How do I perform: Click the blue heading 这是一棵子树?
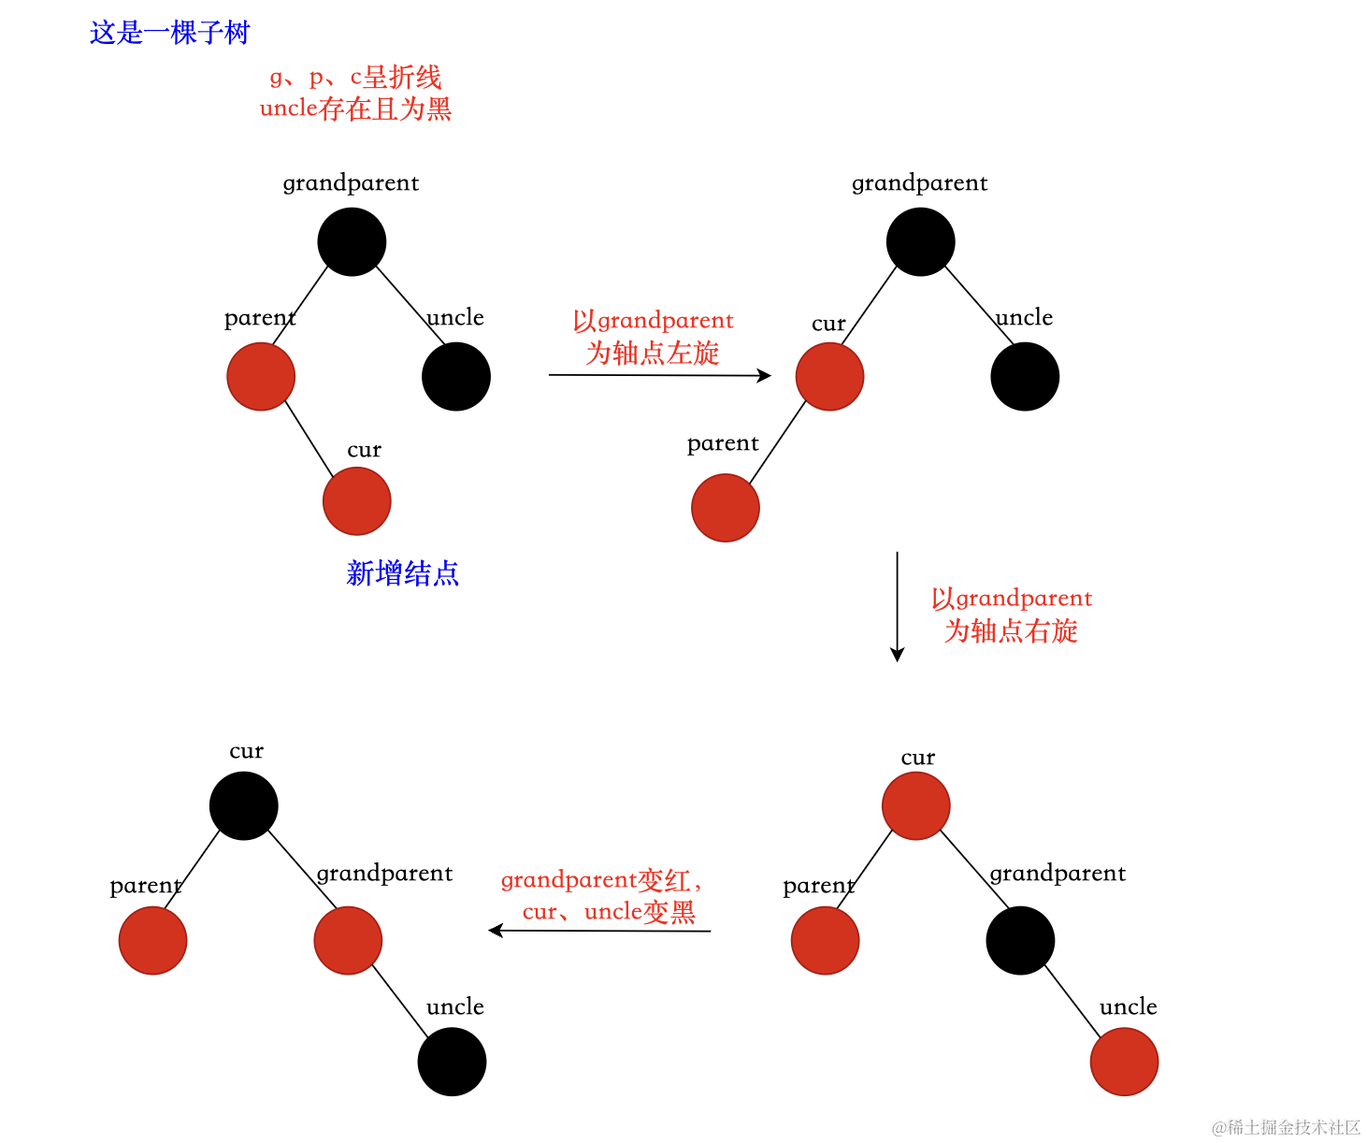tap(169, 33)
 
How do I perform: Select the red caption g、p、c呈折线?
tap(355, 77)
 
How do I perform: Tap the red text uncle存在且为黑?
tap(355, 109)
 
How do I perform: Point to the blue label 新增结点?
tap(402, 572)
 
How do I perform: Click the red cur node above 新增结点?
tap(356, 501)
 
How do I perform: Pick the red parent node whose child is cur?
tap(261, 376)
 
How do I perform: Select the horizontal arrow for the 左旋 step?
tap(659, 375)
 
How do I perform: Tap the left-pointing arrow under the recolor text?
tap(599, 931)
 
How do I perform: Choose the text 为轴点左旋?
tap(653, 353)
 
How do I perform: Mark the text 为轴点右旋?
tap(1011, 630)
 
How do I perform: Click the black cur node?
tap(244, 805)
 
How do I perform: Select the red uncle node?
tap(1124, 1062)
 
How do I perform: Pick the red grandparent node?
tap(348, 940)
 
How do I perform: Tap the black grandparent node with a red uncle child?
tap(1020, 940)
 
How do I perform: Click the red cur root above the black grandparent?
tap(916, 805)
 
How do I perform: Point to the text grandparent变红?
tap(600, 880)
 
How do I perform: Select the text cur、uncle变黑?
tap(609, 911)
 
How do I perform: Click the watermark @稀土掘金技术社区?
tap(1286, 1127)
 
